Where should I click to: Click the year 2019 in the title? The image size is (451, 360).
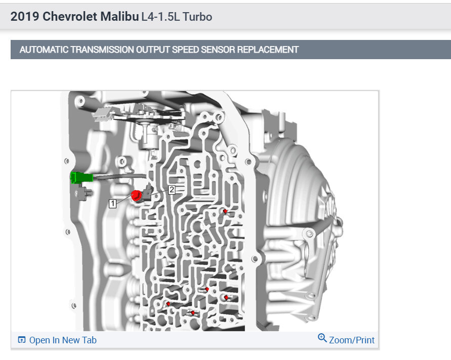[25, 17]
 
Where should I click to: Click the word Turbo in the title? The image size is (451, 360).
[198, 17]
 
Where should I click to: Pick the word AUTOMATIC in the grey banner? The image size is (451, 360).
[45, 50]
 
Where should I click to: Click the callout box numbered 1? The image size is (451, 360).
[112, 203]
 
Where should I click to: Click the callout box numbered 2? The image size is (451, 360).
[172, 190]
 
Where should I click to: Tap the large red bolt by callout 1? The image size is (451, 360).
[137, 195]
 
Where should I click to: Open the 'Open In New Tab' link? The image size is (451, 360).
[63, 340]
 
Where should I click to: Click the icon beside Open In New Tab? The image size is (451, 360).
[21, 340]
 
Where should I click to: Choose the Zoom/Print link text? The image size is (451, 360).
[352, 340]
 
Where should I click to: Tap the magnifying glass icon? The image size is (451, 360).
[322, 338]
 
